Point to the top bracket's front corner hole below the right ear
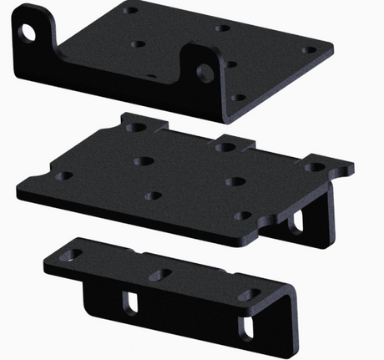click(237, 98)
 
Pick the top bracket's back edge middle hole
click(222, 28)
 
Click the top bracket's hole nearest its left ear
click(139, 42)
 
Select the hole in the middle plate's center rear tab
click(224, 147)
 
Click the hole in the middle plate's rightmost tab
click(316, 167)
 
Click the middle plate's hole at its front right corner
click(243, 216)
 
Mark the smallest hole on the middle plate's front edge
click(152, 197)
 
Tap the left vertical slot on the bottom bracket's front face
click(131, 302)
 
